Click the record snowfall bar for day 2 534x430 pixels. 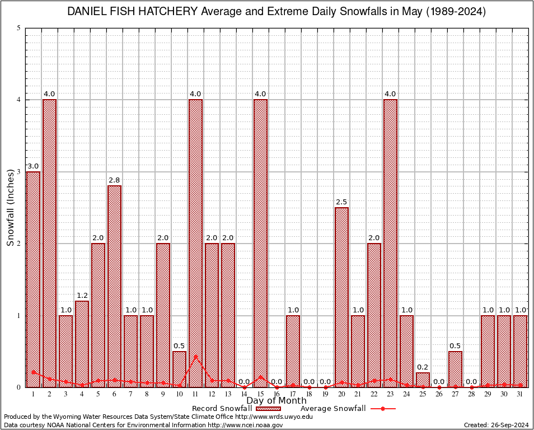[49, 243]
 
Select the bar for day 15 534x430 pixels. [260, 243]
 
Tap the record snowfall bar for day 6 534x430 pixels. [114, 286]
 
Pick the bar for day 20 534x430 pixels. [341, 297]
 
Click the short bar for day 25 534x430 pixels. [423, 380]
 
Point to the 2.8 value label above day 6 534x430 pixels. [114, 180]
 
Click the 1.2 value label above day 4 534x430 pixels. [82, 295]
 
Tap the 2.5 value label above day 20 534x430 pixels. [341, 202]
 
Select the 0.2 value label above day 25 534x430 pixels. [423, 367]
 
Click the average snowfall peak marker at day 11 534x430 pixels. [195, 356]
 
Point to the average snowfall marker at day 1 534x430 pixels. [34, 372]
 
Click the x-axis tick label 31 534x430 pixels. [520, 394]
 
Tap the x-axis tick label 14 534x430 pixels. [244, 394]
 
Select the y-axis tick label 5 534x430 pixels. [19, 28]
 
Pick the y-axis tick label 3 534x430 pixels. [19, 172]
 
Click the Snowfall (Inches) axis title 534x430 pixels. [10, 207]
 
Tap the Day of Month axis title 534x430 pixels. [277, 400]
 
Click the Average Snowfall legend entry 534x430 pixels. [347, 409]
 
